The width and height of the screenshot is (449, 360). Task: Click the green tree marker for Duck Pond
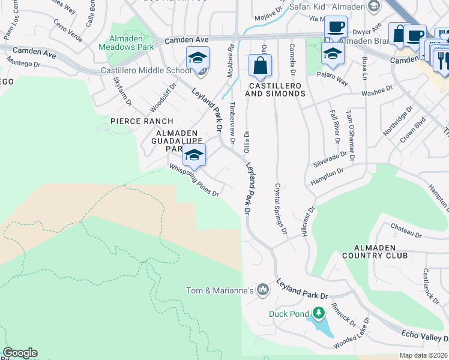[319, 313]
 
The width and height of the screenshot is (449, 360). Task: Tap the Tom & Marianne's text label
[219, 291]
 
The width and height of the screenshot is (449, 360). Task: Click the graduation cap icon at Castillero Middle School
[197, 58]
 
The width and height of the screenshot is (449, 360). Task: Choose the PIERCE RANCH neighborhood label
[133, 121]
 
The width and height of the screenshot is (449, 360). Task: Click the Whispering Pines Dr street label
[193, 181]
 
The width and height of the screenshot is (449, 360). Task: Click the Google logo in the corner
[20, 353]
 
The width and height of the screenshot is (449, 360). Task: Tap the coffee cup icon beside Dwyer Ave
[336, 28]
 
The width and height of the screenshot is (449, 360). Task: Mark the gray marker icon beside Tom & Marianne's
[262, 290]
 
